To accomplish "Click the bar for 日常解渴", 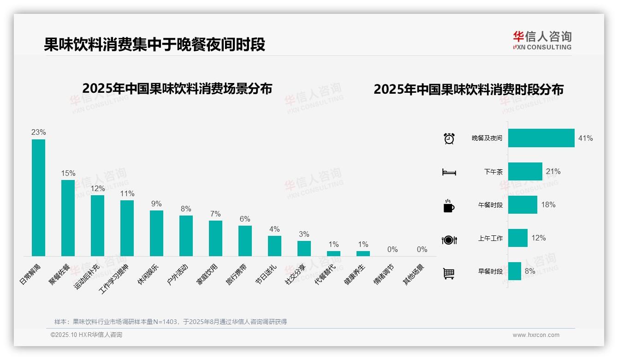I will (x=38, y=198).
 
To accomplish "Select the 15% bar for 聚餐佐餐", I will (x=68, y=218).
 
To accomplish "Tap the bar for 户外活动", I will (x=186, y=236).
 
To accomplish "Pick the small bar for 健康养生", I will (x=363, y=253).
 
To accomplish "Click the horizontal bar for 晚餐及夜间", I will (x=541, y=138).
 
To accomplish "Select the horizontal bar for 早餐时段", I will (x=515, y=271).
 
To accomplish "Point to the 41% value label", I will (x=585, y=138).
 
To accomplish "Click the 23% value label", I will (x=38, y=132).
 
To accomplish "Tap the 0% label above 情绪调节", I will (x=392, y=249).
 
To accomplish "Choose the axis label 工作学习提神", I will (x=114, y=279).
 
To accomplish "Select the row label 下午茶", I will (x=493, y=172).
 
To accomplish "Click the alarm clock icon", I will (x=449, y=138).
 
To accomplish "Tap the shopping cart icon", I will (x=449, y=274).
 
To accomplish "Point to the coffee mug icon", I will (x=449, y=206).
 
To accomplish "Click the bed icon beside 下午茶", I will (x=449, y=172).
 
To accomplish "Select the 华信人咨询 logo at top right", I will (x=542, y=40).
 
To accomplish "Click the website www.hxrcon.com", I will (x=536, y=335).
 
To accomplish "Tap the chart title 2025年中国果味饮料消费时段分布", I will (x=469, y=89).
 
